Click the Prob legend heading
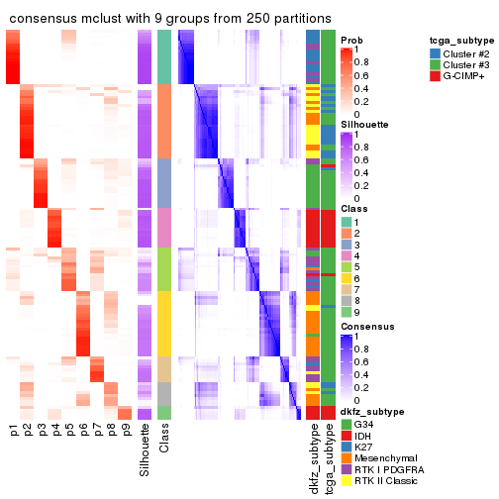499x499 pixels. click(351, 40)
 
